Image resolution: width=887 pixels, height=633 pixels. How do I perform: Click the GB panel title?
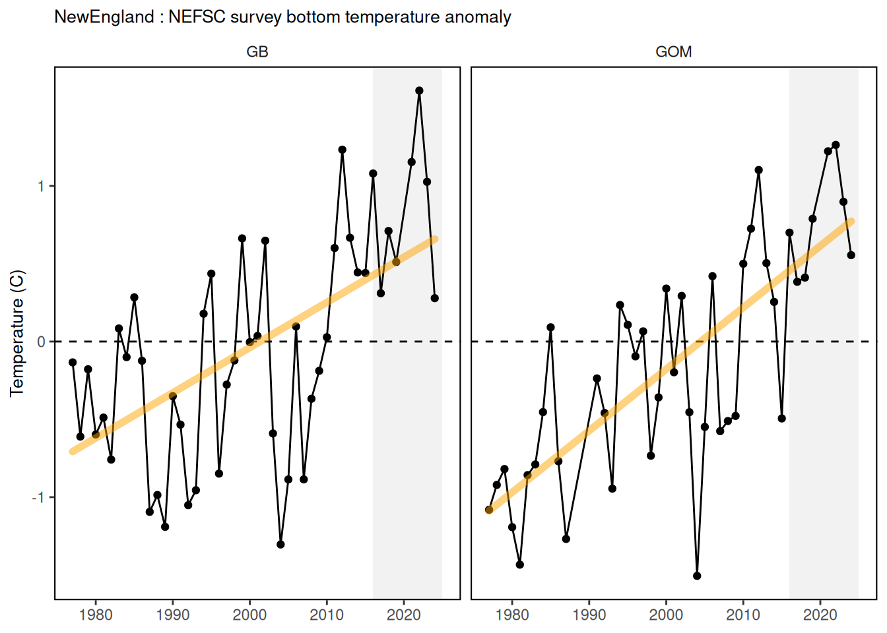pyautogui.click(x=257, y=52)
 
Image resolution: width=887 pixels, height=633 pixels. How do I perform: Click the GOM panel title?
pyautogui.click(x=674, y=52)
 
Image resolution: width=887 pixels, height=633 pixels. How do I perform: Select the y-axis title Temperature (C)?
pyautogui.click(x=17, y=333)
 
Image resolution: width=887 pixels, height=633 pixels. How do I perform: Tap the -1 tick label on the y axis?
pyautogui.click(x=39, y=497)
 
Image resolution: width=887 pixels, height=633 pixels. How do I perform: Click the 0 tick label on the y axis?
pyautogui.click(x=42, y=342)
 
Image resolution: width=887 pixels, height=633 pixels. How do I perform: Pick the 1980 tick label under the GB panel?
pyautogui.click(x=96, y=615)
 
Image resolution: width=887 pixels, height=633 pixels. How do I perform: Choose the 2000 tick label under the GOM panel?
pyautogui.click(x=666, y=615)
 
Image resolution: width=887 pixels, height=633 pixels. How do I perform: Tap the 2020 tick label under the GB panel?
pyautogui.click(x=403, y=615)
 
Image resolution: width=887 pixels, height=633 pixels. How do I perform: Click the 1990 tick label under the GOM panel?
pyautogui.click(x=589, y=615)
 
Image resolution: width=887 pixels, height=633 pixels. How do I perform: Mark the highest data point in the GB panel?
pyautogui.click(x=419, y=90)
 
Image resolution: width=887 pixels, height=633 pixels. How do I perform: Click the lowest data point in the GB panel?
pyautogui.click(x=280, y=545)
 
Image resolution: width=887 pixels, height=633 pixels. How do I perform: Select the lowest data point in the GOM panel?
pyautogui.click(x=698, y=576)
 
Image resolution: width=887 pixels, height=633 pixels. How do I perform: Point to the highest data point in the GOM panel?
pyautogui.click(x=836, y=145)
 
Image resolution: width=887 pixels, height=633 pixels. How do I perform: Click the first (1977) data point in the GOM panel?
pyautogui.click(x=489, y=510)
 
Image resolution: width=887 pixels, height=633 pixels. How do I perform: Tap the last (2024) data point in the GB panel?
pyautogui.click(x=435, y=298)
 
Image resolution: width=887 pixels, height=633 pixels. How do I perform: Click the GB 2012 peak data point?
pyautogui.click(x=343, y=150)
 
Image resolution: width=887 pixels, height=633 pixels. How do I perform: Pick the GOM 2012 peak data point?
pyautogui.click(x=759, y=170)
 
